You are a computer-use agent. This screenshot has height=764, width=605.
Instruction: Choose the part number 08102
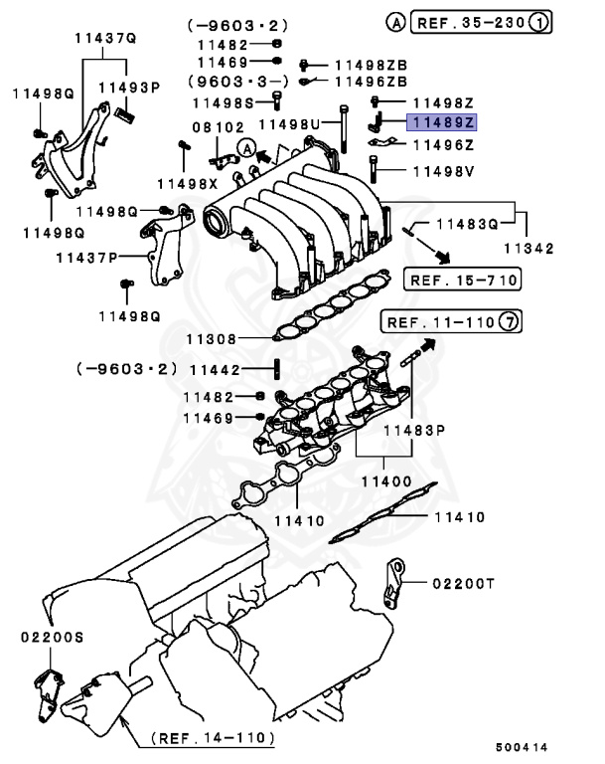(x=217, y=127)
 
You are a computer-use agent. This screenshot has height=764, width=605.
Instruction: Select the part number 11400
(x=385, y=480)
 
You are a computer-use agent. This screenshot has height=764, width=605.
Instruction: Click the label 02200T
(x=462, y=584)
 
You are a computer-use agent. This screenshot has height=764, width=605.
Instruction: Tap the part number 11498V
(x=443, y=169)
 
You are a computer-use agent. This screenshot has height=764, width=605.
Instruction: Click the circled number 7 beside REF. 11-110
(x=508, y=322)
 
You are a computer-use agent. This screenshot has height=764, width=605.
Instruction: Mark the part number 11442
(x=215, y=369)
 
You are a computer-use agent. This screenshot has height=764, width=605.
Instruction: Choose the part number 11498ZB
(x=371, y=64)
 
